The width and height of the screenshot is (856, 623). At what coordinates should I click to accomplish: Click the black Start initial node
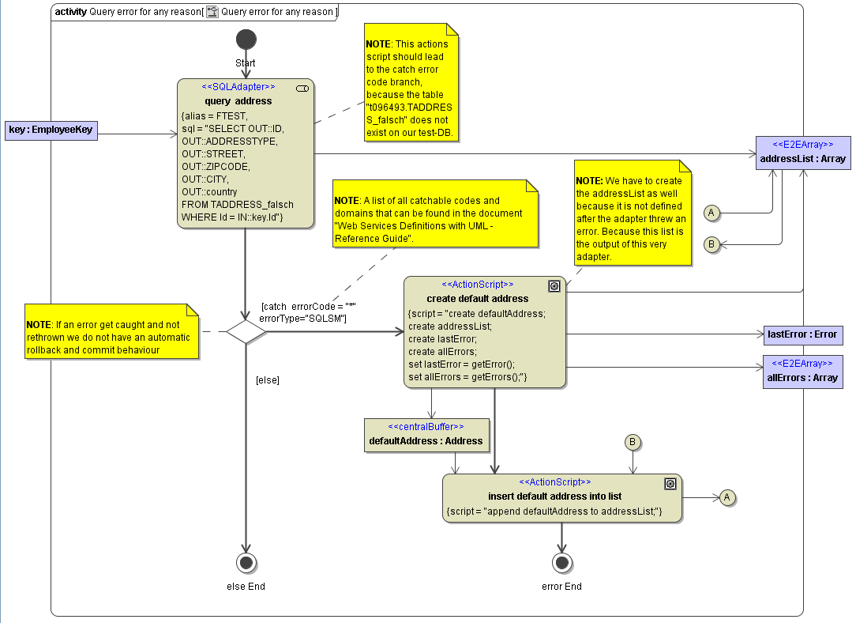tap(246, 40)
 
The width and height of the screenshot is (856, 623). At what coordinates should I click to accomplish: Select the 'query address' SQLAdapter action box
tap(246, 153)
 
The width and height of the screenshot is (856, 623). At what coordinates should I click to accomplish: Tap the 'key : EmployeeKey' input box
tap(52, 130)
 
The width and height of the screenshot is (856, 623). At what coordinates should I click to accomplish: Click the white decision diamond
tap(246, 331)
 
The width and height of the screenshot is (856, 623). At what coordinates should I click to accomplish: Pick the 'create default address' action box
tap(484, 332)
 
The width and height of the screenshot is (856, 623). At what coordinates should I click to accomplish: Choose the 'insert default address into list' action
tap(561, 498)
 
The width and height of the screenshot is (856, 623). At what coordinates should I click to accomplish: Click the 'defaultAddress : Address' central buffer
tap(426, 435)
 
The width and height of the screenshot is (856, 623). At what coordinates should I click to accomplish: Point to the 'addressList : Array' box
tap(802, 153)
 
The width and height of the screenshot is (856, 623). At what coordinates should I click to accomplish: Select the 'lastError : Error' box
tap(802, 334)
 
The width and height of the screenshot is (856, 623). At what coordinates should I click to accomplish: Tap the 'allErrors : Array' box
tap(802, 372)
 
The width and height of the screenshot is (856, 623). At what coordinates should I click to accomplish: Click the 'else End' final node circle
tap(246, 563)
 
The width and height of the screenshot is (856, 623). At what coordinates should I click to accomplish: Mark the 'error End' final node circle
tap(561, 563)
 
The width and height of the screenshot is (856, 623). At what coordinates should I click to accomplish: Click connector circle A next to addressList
tap(711, 213)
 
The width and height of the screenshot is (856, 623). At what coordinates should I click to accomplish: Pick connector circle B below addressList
tap(711, 245)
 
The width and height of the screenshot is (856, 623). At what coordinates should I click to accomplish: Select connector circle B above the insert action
tap(633, 442)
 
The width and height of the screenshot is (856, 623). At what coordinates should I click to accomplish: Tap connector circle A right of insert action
tap(727, 497)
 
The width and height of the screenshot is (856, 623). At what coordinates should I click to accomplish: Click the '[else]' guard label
tap(268, 380)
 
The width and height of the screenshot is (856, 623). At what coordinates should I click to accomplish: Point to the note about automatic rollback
tap(111, 332)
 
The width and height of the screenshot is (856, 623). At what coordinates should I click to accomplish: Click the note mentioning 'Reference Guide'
tap(435, 212)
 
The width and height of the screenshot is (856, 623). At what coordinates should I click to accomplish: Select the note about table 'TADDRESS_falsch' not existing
tap(411, 82)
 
